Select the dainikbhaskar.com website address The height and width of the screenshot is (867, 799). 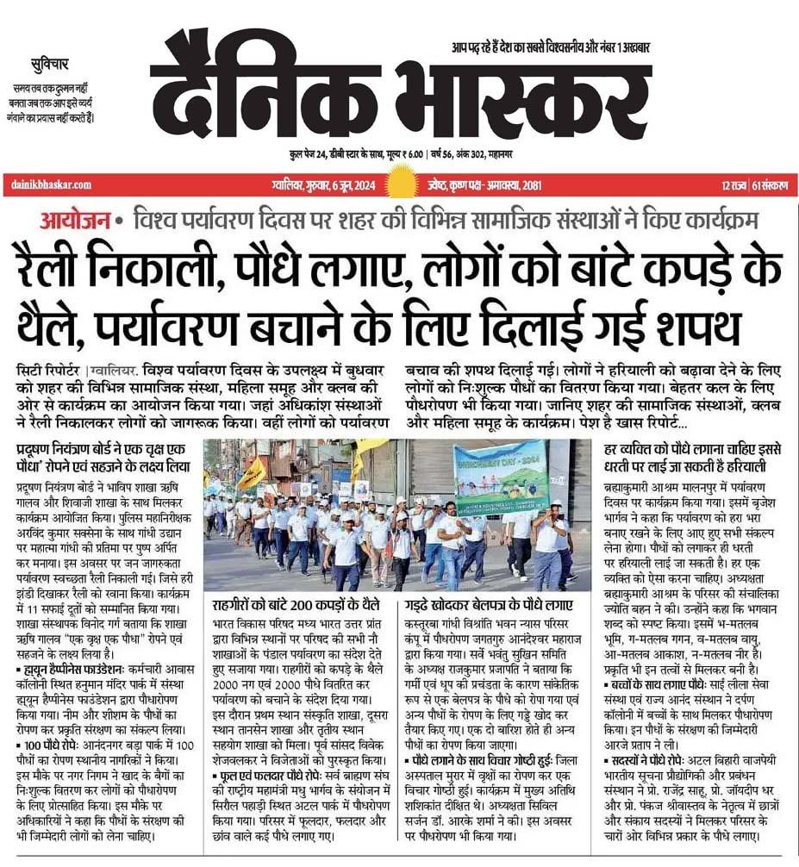coord(49,184)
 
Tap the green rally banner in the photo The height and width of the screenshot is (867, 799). coord(500,477)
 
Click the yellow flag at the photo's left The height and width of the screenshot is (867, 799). coord(253,473)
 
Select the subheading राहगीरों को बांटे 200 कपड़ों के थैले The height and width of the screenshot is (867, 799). coord(300,602)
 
